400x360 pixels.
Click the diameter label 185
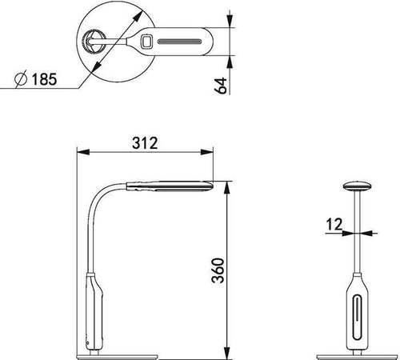44,79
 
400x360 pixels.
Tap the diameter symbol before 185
21,79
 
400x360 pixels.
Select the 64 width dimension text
221,86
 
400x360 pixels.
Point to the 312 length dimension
145,142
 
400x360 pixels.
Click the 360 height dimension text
218,270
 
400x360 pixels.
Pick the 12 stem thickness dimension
334,224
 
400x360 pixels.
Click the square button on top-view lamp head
146,42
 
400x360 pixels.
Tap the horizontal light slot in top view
179,42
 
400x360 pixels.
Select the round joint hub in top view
93,42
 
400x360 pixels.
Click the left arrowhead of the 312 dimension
83,152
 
